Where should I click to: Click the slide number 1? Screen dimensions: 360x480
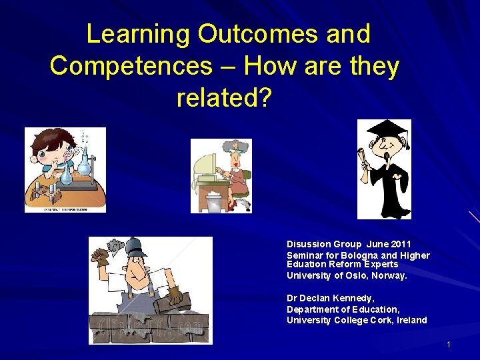tap(449, 344)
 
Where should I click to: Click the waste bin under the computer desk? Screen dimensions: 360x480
tap(213, 202)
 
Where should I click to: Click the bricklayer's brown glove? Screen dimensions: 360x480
tap(174, 294)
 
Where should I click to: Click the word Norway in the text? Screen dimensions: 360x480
tap(391, 275)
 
